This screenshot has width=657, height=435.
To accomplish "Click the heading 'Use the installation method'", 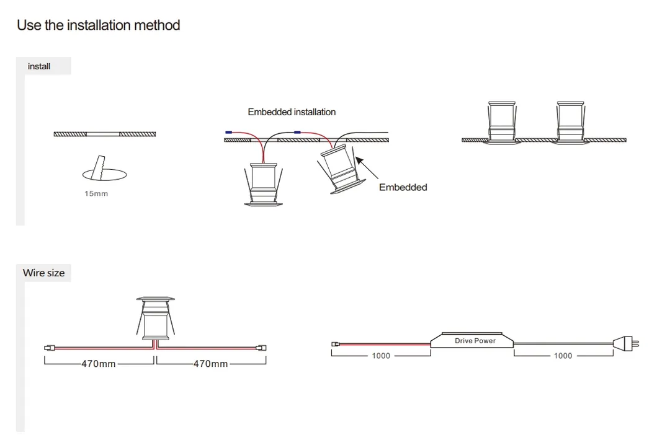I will click(x=98, y=25).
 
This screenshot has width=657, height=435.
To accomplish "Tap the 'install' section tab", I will click(x=39, y=66).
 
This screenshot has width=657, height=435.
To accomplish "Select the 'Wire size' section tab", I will click(x=43, y=273).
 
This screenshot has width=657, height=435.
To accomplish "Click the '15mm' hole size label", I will click(x=96, y=194).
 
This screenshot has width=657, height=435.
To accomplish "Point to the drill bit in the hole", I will click(x=97, y=167).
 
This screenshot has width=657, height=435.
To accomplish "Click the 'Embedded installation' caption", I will click(x=292, y=112).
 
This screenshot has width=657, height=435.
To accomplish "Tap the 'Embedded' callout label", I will click(x=403, y=187).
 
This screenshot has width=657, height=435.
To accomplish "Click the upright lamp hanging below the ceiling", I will click(x=262, y=183).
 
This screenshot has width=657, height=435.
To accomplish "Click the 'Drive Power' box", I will click(x=475, y=341).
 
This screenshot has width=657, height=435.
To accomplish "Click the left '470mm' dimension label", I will click(x=98, y=364).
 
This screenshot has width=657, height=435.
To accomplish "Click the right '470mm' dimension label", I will click(x=210, y=364).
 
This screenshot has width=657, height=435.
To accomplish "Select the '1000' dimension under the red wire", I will click(x=381, y=356).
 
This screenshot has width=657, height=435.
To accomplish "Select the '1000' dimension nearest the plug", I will click(x=563, y=356).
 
